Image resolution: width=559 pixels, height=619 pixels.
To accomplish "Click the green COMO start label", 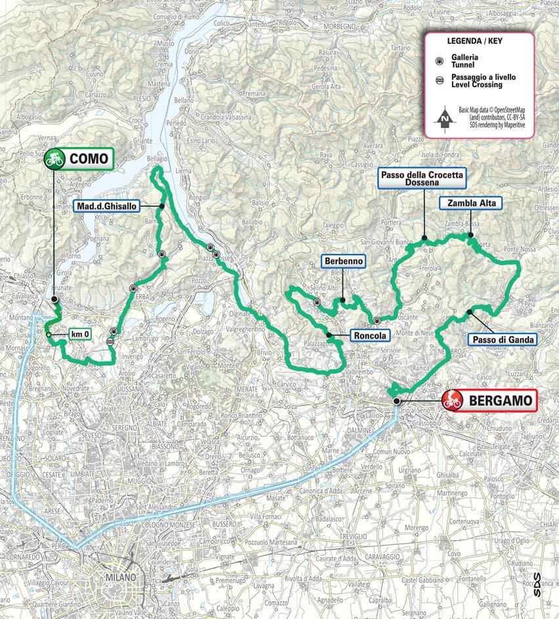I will [x=88, y=158].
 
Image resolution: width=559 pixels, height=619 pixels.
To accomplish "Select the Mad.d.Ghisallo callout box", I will [x=106, y=205].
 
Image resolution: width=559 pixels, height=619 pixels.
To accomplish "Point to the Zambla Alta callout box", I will [x=472, y=203].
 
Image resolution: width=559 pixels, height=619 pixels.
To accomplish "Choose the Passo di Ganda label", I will [x=503, y=339].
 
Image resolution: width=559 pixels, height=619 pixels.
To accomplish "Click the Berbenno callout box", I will [x=342, y=261].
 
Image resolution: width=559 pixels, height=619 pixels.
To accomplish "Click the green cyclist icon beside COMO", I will [x=54, y=158].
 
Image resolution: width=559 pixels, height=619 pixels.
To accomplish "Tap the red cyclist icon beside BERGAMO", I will [x=452, y=399].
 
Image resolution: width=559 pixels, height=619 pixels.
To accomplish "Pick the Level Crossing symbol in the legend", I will [x=438, y=81].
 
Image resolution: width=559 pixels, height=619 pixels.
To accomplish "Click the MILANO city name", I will [x=119, y=578].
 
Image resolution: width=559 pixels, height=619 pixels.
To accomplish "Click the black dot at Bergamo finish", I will [x=396, y=400].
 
